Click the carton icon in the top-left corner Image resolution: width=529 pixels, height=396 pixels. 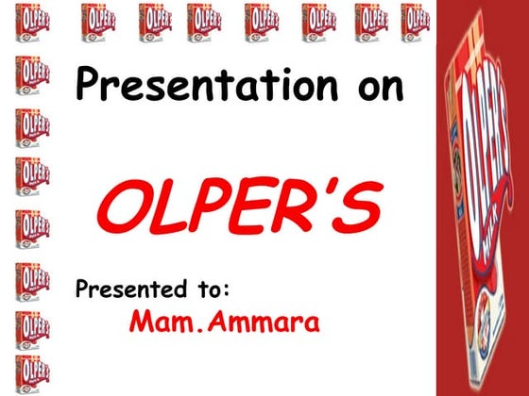[33, 21]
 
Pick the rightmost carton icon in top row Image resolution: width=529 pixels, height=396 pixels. [416, 21]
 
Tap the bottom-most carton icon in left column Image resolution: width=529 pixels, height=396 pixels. [31, 373]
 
